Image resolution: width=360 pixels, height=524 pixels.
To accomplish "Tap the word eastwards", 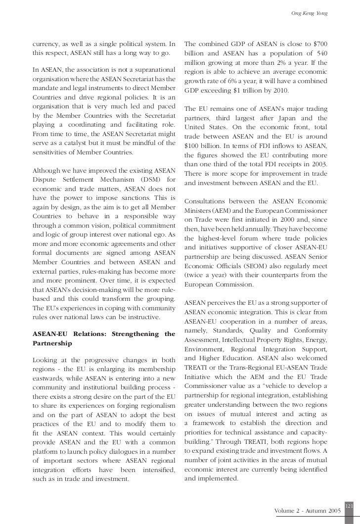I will [x=48, y=379].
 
